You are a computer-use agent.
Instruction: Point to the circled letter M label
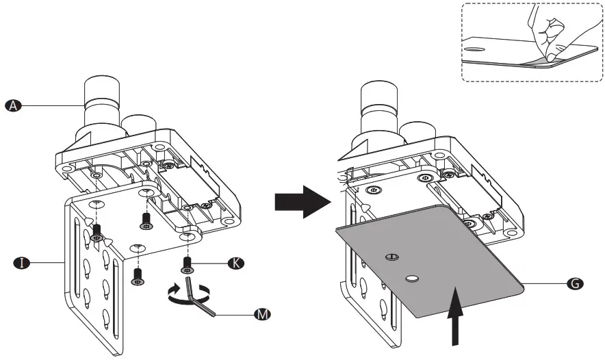click(x=261, y=314)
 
